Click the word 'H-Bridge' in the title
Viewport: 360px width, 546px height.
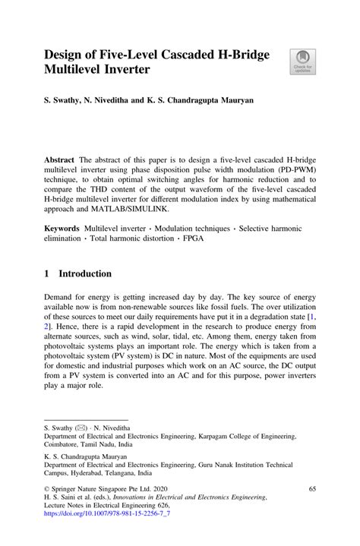(232, 55)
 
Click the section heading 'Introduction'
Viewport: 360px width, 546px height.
(85, 273)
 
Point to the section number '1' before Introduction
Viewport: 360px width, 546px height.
(48, 273)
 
